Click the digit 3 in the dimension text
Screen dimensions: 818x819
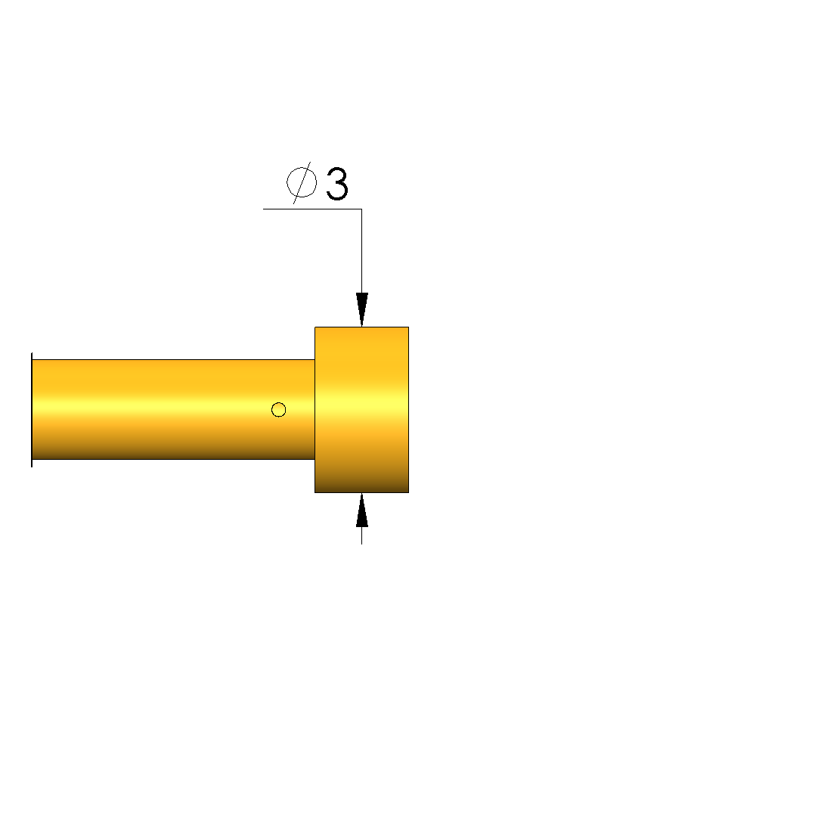point(336,184)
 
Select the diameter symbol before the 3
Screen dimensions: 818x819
point(302,183)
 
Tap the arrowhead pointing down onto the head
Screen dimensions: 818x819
point(362,310)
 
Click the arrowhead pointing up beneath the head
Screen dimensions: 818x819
point(362,510)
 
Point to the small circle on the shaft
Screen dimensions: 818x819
point(279,410)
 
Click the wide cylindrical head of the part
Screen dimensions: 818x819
point(362,410)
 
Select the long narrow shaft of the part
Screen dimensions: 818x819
point(173,410)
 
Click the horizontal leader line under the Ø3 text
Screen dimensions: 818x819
point(312,209)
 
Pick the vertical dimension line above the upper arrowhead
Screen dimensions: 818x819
point(362,251)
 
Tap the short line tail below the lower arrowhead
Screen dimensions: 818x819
point(362,535)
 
